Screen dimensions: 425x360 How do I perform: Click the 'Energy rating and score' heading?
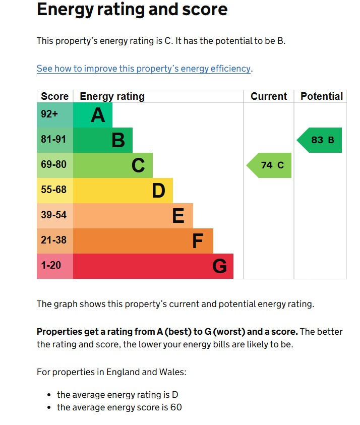pos(132,10)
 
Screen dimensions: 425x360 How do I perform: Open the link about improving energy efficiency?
pos(144,69)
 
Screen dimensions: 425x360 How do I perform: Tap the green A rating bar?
pos(93,115)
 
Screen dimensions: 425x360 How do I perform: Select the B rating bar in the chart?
pos(103,140)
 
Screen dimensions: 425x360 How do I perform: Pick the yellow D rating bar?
pos(123,191)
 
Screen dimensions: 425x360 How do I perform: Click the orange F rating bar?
pos(143,241)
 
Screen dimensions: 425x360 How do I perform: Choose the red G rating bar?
pos(153,266)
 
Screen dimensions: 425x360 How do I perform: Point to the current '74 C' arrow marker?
pos(270,165)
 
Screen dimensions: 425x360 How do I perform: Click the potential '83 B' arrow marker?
pos(321,140)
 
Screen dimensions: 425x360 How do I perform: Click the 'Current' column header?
pos(269,96)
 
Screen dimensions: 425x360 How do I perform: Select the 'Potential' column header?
pos(321,96)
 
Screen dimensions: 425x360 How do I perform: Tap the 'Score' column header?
pos(55,96)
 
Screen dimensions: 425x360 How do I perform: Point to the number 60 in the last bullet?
pos(175,407)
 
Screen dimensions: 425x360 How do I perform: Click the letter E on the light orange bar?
pos(178,216)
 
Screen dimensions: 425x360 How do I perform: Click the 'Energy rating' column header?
pos(112,96)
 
